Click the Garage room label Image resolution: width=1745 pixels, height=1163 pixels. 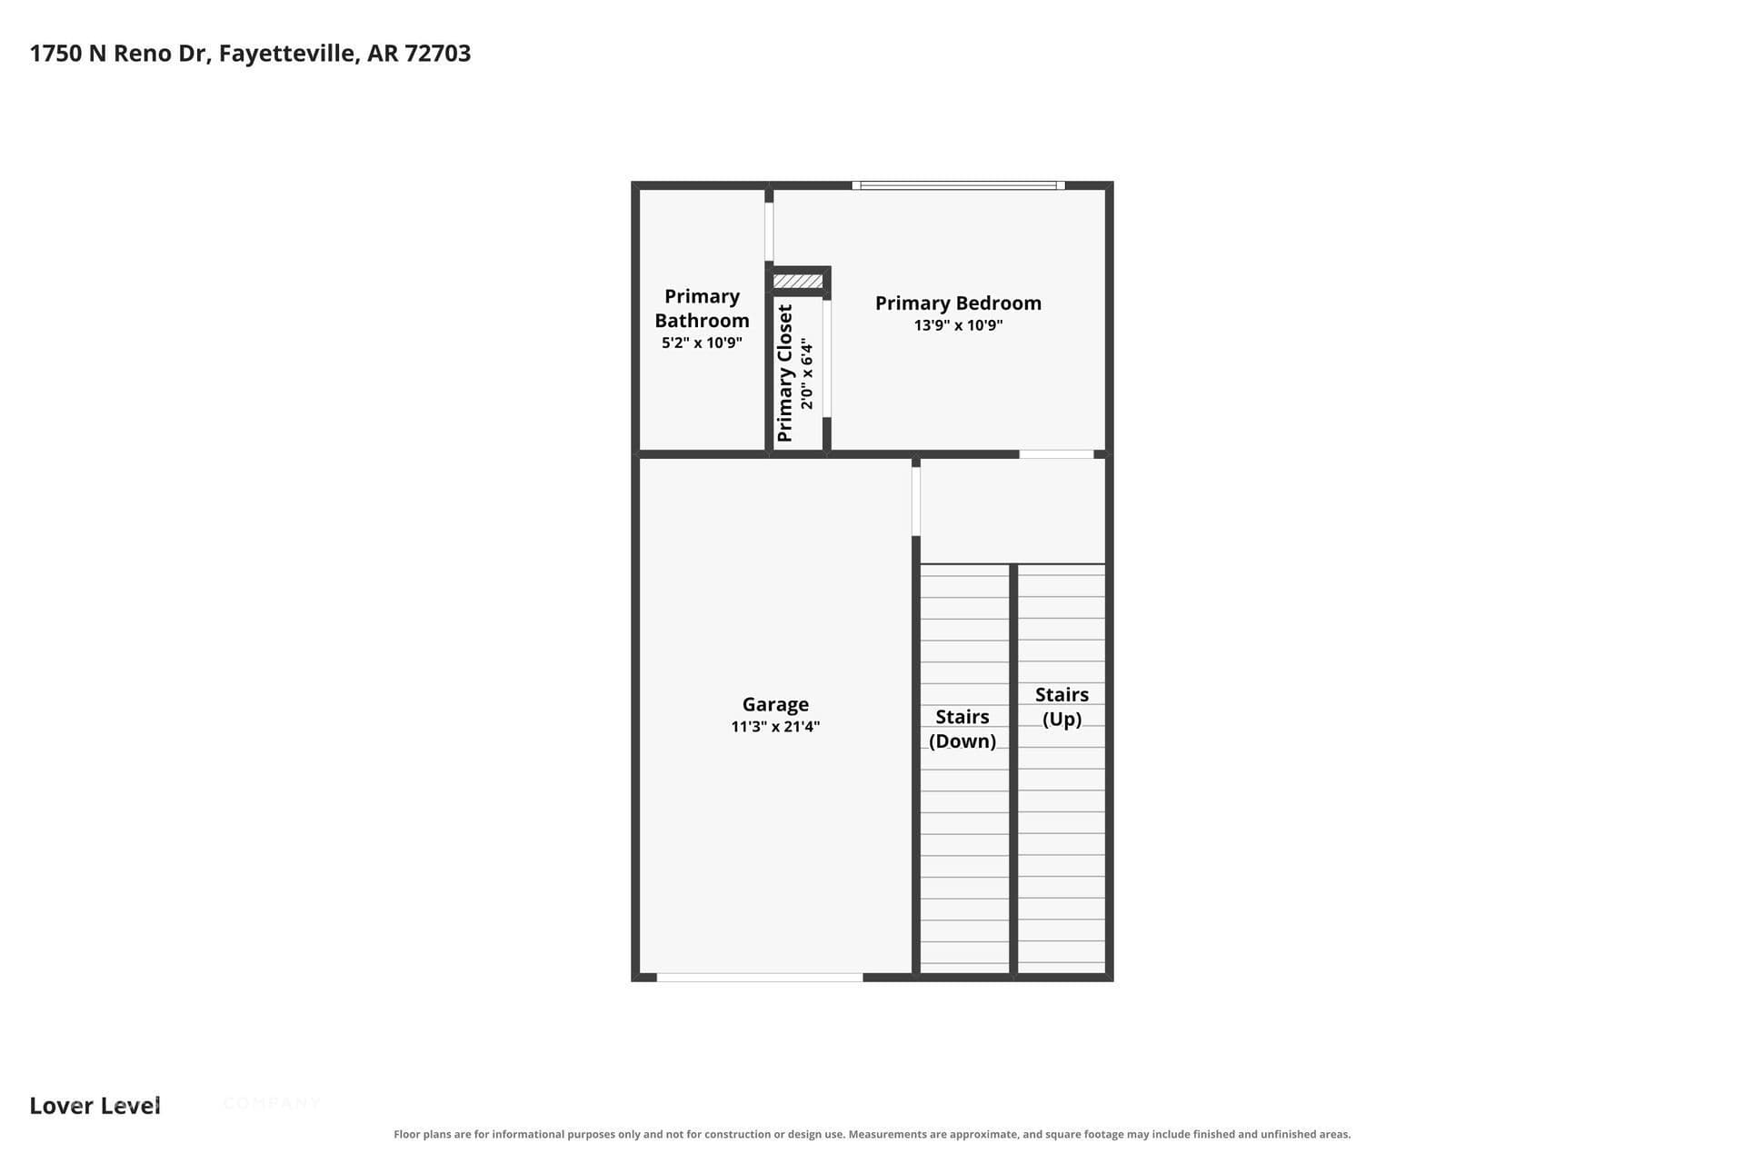click(x=775, y=704)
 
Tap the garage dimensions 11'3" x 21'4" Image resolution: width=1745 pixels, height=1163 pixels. click(x=775, y=726)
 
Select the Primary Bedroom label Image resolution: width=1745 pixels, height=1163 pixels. click(x=958, y=303)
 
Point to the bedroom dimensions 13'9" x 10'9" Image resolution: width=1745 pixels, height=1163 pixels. click(x=958, y=325)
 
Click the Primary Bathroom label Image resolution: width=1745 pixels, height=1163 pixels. click(x=702, y=308)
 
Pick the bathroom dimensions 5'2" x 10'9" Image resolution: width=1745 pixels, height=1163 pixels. click(x=702, y=343)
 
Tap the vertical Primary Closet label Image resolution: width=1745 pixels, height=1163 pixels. click(x=785, y=373)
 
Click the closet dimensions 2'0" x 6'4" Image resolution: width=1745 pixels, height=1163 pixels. click(x=807, y=373)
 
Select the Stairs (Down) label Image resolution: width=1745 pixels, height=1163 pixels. click(x=962, y=729)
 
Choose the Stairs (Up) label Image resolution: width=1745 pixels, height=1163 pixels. click(x=1062, y=706)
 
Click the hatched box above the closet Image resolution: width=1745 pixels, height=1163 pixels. click(x=798, y=282)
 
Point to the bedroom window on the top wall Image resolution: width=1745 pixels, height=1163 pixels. click(x=958, y=185)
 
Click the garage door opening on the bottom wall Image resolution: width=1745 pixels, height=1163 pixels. click(x=760, y=978)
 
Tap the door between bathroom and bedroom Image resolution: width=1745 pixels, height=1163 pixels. click(x=769, y=233)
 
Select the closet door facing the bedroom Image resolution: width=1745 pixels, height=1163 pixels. click(x=827, y=358)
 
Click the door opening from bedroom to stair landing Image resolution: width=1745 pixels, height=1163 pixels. click(x=1056, y=454)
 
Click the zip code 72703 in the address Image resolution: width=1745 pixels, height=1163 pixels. click(x=438, y=54)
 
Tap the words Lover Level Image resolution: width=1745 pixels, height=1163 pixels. click(x=95, y=1106)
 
